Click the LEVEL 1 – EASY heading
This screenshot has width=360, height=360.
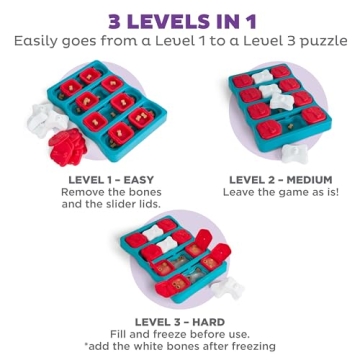coord(109,180)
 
